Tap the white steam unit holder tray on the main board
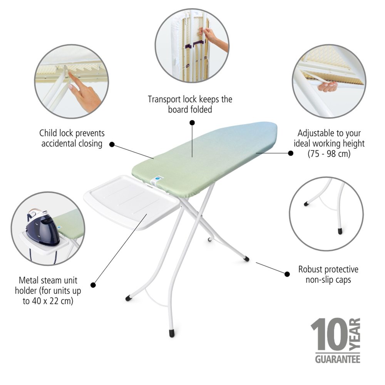[132, 202]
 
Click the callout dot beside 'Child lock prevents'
[112, 144]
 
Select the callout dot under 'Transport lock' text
[192, 122]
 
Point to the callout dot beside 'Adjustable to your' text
[291, 153]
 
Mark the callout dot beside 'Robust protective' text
[287, 274]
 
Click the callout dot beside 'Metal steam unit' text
[93, 285]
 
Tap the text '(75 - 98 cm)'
[329, 154]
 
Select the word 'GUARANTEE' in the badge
[338, 359]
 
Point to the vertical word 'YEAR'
[355, 334]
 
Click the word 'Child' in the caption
[48, 133]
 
